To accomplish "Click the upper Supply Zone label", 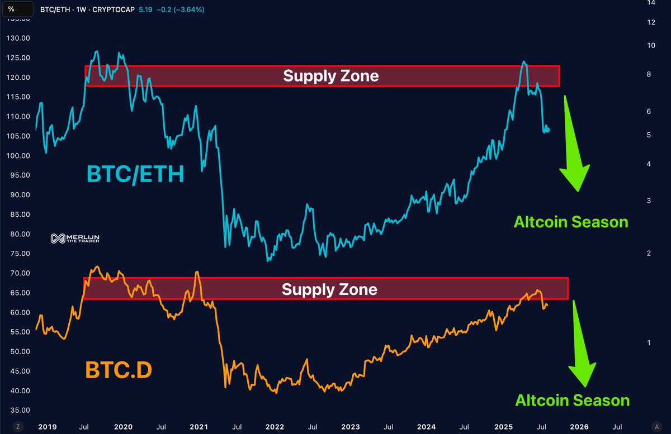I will (330, 75).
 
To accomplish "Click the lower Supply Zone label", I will (329, 289).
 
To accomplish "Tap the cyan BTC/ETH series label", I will (135, 174).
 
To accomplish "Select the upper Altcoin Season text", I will (571, 222).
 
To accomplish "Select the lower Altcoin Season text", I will (572, 400).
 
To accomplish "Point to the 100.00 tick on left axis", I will (17, 155).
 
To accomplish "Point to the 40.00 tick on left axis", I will (17, 390).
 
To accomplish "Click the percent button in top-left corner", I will (11, 9).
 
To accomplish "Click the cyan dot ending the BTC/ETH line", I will (547, 130).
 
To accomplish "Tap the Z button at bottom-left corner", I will (18, 426).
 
